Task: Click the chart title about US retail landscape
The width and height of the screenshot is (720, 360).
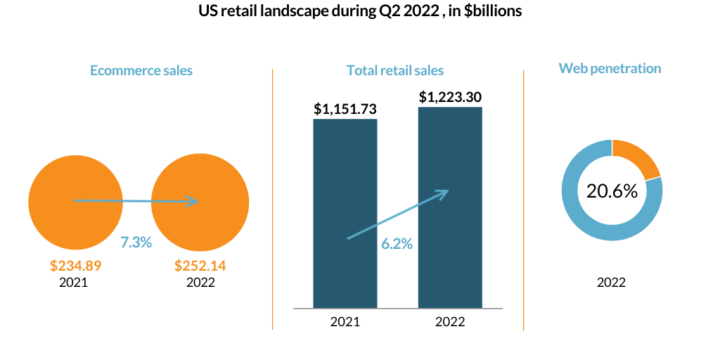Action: coord(360,13)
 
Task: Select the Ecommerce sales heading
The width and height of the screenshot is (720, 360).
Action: coord(141,70)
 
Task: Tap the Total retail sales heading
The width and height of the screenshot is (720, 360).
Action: coord(395,70)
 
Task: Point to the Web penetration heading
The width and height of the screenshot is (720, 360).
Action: coord(610,68)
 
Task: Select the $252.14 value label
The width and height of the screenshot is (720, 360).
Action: coord(200,266)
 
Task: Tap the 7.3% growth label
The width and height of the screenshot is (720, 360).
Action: coord(136,243)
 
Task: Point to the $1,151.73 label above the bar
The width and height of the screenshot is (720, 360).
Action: coord(345,109)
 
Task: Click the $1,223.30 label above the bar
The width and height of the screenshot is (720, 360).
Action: coord(450,97)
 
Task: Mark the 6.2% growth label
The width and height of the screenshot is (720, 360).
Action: coord(397,244)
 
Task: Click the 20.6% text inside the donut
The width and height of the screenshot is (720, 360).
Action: coord(612,191)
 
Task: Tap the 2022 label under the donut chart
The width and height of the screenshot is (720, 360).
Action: coord(611,283)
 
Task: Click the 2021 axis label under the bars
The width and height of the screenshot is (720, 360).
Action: coord(345,322)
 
